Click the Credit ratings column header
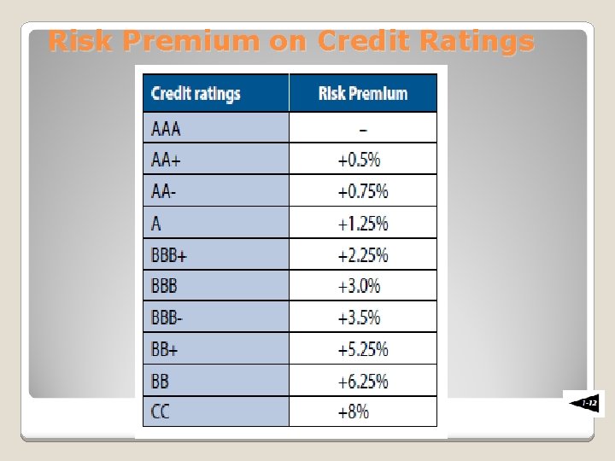point(196,93)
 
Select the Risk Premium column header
point(363,93)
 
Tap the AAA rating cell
point(167,129)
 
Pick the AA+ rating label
point(167,160)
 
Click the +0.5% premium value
point(359,160)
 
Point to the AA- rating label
point(165,191)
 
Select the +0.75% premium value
point(363,191)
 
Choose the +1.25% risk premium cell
point(363,224)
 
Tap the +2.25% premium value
point(363,254)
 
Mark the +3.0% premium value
point(359,286)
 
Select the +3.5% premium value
point(359,318)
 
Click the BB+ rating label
point(167,349)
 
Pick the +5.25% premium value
point(363,349)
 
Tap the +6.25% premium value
point(363,381)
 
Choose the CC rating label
point(161,411)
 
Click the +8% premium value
point(354,411)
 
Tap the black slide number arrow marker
point(583,403)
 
